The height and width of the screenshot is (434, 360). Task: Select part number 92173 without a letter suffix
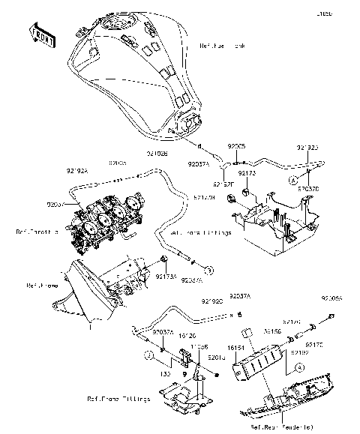pos(247,172)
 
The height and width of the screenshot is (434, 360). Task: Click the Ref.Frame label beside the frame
pos(40,286)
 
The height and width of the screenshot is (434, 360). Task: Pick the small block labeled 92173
pos(234,197)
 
